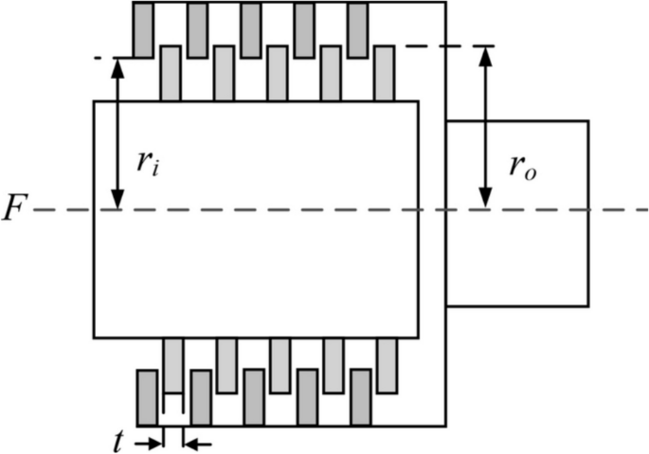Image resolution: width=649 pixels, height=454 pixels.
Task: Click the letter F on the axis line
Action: click(13, 209)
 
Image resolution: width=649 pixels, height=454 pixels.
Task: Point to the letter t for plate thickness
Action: click(118, 442)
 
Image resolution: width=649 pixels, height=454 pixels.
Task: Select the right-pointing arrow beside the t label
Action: click(149, 442)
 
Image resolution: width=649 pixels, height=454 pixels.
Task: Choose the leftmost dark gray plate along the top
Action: click(142, 28)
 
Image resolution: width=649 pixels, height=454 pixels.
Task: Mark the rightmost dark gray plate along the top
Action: click(357, 28)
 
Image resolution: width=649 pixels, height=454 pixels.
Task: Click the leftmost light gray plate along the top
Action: click(171, 72)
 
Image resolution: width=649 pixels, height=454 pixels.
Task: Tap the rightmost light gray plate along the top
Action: click(384, 72)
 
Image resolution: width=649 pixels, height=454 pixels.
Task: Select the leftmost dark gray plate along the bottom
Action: click(146, 398)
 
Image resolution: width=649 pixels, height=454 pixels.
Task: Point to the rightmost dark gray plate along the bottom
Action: click(360, 398)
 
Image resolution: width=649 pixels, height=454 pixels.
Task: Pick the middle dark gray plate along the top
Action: click(250, 28)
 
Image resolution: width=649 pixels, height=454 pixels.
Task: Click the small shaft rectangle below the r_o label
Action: click(517, 256)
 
